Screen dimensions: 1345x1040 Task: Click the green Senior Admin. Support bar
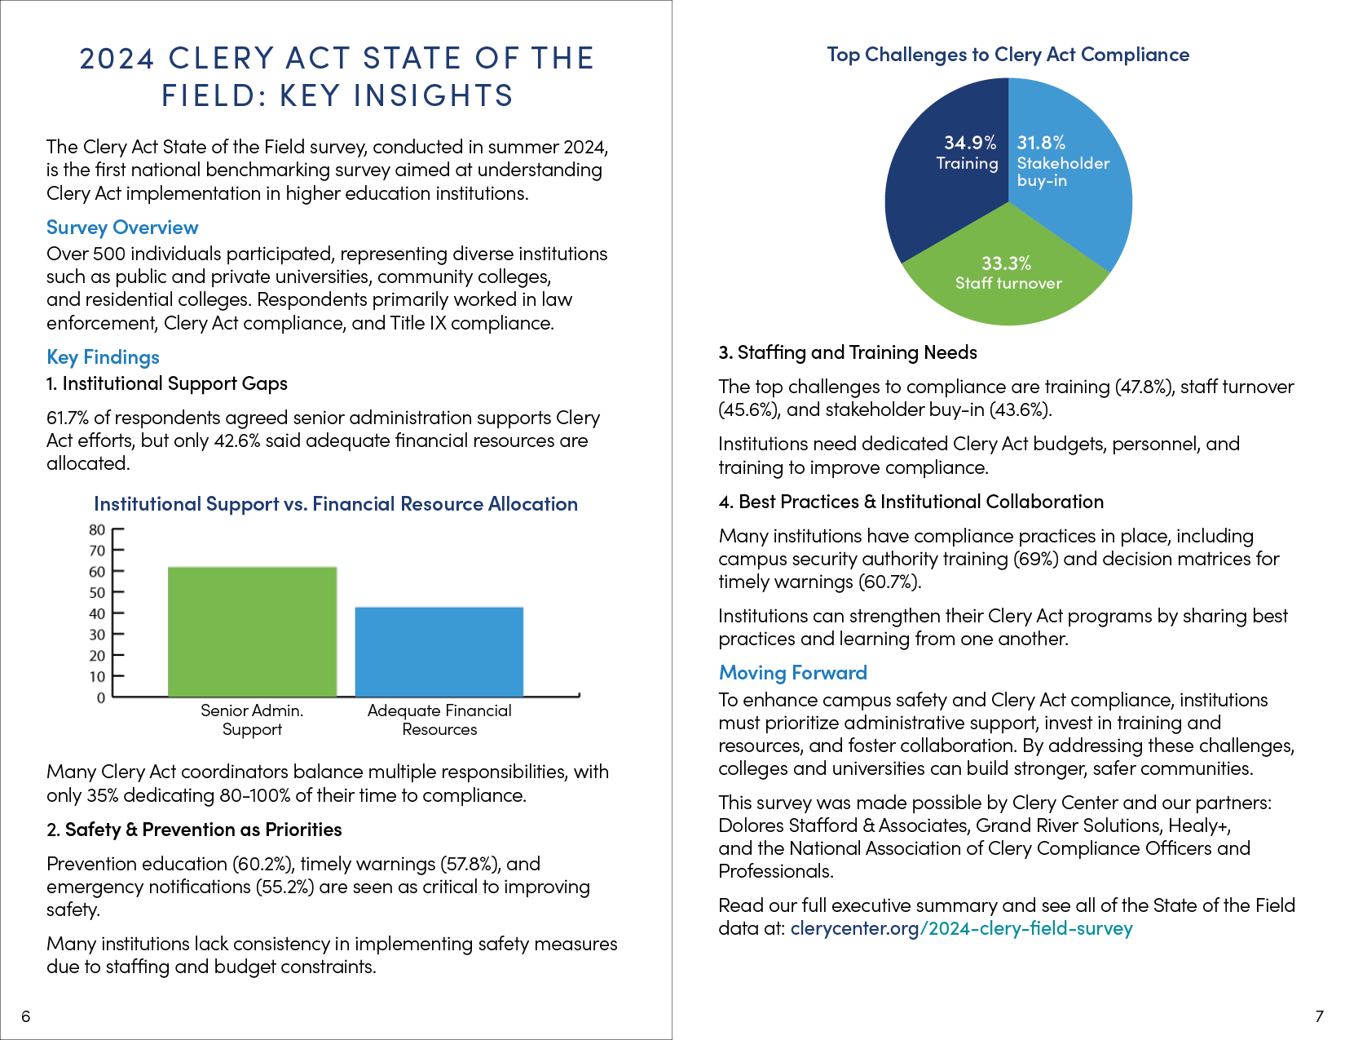(x=252, y=631)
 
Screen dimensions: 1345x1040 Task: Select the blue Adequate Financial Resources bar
(x=439, y=652)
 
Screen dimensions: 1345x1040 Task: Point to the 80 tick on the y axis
(x=117, y=529)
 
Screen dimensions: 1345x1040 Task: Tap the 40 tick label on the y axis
(x=97, y=614)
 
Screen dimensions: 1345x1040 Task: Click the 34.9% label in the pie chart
(x=970, y=143)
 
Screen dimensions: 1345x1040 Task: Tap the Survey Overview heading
(x=122, y=228)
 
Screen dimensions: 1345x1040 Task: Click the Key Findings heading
(x=103, y=357)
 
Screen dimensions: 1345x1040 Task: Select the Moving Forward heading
(x=793, y=673)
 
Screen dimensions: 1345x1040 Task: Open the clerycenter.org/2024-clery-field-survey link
(x=961, y=928)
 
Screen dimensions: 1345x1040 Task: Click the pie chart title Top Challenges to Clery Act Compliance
(x=1008, y=55)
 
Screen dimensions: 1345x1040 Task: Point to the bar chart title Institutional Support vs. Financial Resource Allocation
(x=336, y=504)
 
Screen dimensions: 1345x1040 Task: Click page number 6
(x=25, y=1016)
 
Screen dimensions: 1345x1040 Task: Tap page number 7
(x=1319, y=1016)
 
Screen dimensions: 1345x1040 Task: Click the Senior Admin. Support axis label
(x=252, y=719)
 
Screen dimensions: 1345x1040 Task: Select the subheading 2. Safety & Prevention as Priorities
(x=194, y=830)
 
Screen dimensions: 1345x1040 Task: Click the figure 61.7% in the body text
(x=68, y=418)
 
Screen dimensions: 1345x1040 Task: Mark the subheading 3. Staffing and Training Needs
(x=848, y=352)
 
